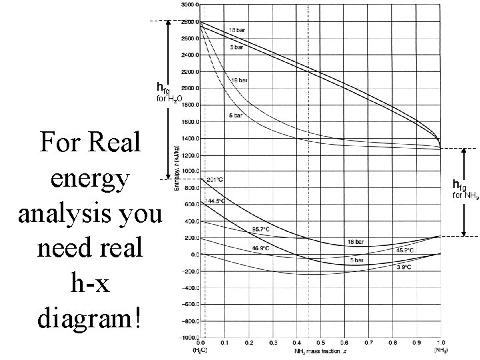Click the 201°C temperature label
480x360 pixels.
click(215, 179)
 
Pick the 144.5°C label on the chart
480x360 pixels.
click(216, 200)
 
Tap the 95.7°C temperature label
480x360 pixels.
click(259, 229)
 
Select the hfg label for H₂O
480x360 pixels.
click(163, 87)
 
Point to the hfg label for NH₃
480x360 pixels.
click(459, 184)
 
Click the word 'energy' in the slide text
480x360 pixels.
click(90, 179)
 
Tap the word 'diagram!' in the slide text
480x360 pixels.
click(90, 317)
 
